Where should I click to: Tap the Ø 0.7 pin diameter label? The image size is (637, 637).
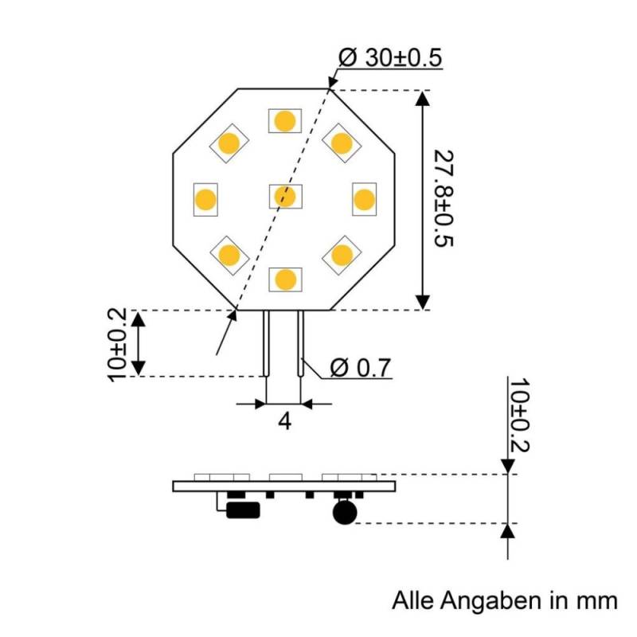360,368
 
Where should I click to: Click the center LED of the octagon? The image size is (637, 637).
284,196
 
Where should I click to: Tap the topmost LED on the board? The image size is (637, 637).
284,120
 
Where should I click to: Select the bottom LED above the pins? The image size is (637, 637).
284,279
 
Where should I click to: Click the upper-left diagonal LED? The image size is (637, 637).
229,143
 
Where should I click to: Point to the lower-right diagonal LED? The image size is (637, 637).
341,255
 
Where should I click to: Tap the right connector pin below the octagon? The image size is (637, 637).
301,342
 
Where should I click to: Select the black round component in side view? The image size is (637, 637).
344,513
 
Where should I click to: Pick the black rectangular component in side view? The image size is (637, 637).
244,510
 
